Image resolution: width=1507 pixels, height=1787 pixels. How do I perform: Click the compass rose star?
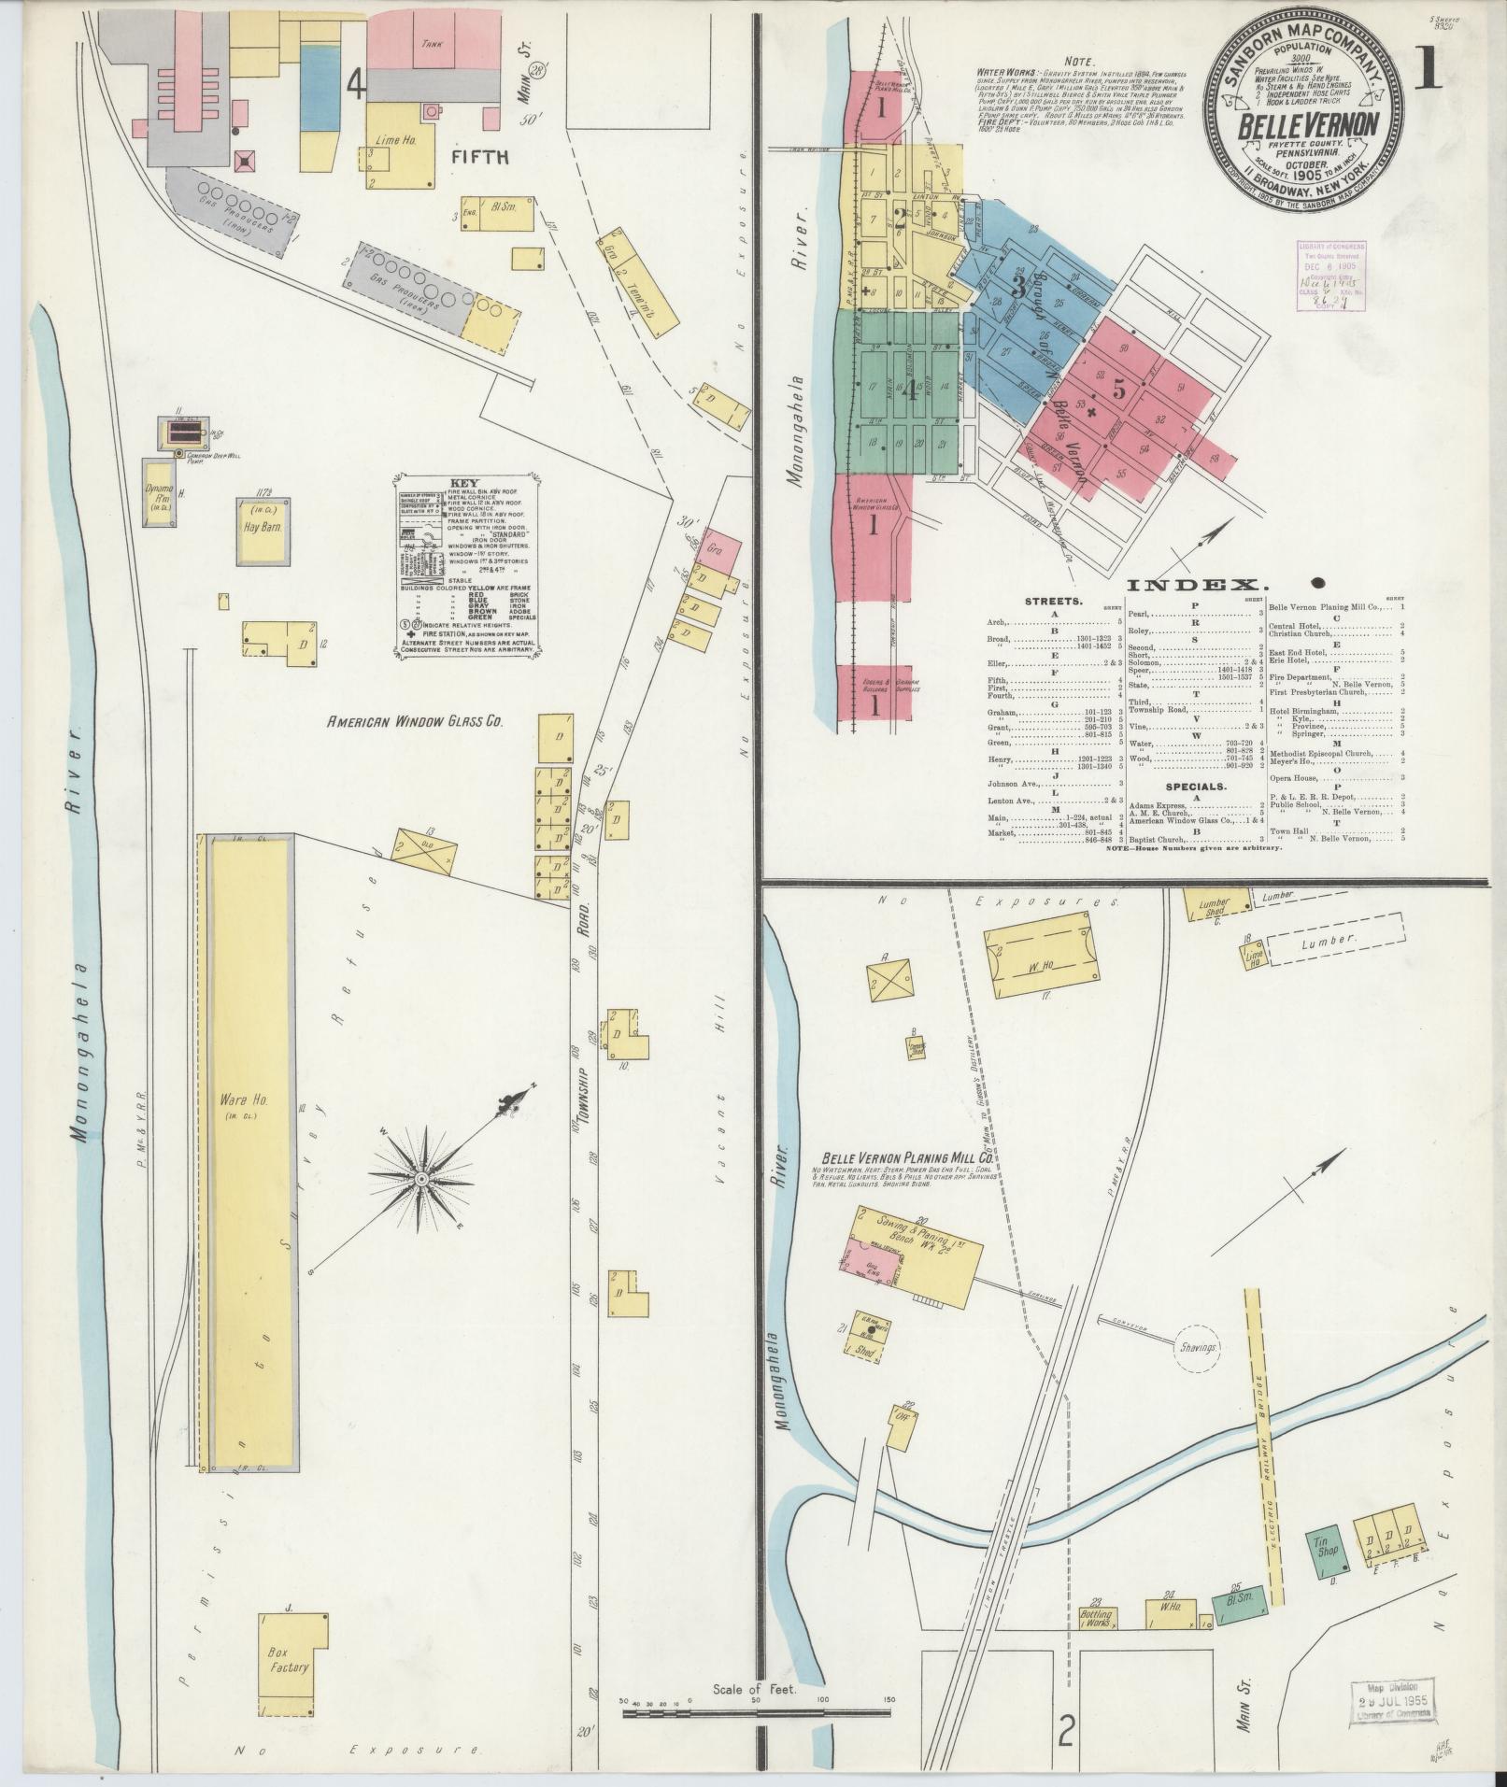421,1180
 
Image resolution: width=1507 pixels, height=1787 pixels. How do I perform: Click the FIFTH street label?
480,157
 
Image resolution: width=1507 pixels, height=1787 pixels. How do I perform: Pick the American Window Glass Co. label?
415,722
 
